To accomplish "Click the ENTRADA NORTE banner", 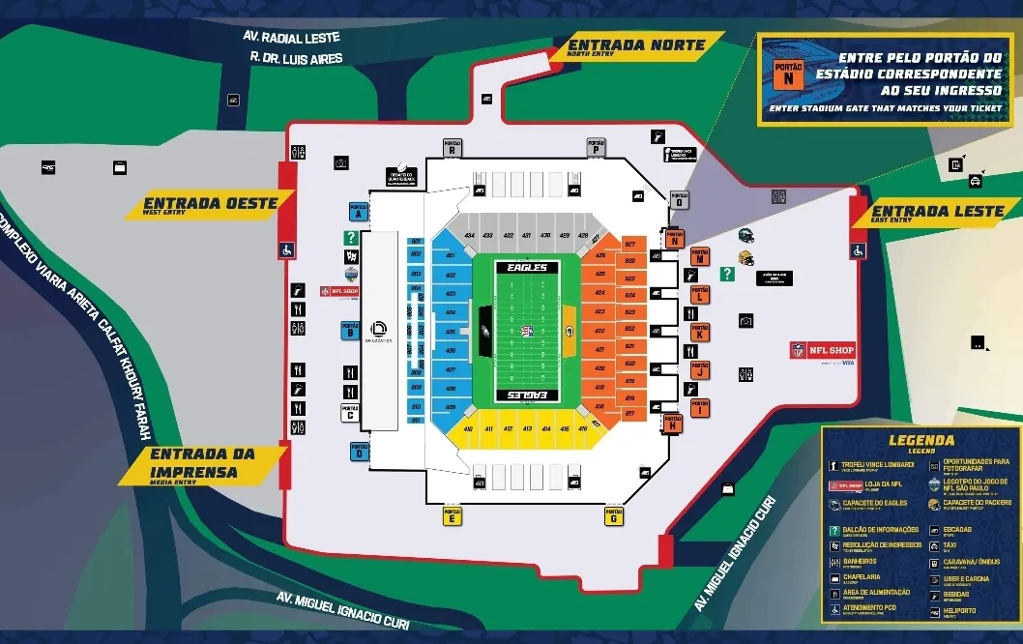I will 636,45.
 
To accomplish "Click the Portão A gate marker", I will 357,212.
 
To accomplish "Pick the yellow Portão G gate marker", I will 613,515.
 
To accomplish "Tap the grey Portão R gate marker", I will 452,146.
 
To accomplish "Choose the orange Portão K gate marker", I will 699,332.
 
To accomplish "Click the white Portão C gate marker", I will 350,412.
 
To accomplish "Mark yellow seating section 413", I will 527,428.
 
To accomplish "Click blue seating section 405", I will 450,332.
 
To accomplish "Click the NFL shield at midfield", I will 527,332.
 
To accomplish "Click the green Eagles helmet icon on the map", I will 745,235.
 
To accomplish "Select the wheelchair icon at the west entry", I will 286,249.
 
